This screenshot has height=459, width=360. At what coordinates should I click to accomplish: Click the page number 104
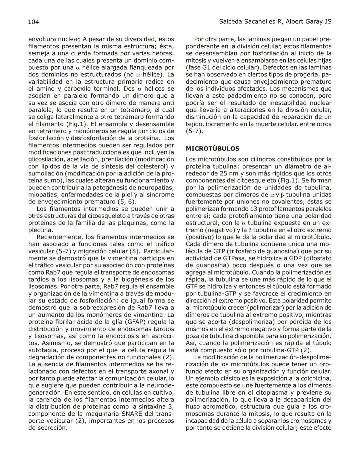(x=34, y=22)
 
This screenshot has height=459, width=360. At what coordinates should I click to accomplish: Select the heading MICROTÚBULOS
(x=212, y=148)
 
